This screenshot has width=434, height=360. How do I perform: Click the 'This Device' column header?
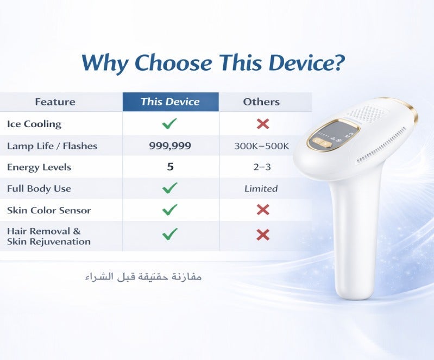(170, 102)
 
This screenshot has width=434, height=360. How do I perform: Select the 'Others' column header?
(261, 102)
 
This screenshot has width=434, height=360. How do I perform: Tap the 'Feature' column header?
(55, 102)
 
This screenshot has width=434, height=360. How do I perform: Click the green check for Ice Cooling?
(170, 124)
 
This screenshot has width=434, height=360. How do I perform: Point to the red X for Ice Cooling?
(263, 124)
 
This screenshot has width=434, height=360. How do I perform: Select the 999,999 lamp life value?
(170, 146)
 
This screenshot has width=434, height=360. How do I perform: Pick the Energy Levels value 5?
(170, 167)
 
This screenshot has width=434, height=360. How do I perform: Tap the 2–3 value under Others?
(262, 167)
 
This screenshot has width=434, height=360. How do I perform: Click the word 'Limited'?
(261, 188)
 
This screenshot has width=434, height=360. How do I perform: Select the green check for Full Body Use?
(170, 188)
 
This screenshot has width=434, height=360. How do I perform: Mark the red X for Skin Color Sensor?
(263, 210)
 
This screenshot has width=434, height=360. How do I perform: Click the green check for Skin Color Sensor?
(170, 210)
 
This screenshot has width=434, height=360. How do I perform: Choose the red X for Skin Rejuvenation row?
(263, 235)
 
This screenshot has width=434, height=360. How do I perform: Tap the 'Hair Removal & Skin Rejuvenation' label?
(48, 236)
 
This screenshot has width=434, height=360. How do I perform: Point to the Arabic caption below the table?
(143, 277)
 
